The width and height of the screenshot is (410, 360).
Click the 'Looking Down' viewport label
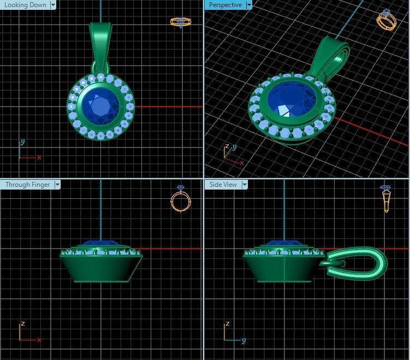(x=25, y=5)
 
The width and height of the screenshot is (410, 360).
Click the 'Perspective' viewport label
(x=225, y=5)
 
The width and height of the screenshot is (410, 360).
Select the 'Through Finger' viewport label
(x=27, y=185)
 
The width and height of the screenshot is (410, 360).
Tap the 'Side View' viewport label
(x=223, y=185)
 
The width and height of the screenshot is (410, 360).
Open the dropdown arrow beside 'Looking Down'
(x=53, y=5)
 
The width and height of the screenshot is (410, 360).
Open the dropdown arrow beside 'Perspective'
(x=249, y=5)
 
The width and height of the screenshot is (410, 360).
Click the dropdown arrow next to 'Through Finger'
(x=57, y=185)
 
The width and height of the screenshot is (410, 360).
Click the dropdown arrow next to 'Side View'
(x=245, y=185)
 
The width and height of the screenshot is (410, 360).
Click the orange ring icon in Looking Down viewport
(x=181, y=22)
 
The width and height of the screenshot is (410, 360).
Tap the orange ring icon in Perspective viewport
(x=387, y=20)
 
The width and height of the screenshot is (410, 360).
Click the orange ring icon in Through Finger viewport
(x=181, y=199)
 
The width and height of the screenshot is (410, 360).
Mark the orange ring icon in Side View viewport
(x=386, y=198)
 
